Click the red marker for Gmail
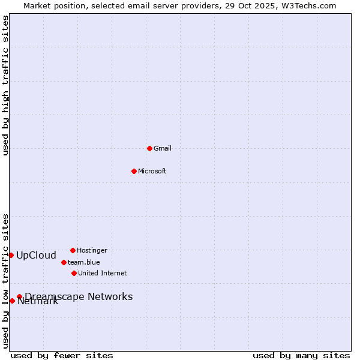pyautogui.click(x=149, y=148)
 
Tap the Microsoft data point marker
pyautogui.click(x=134, y=171)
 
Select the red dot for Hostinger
pyautogui.click(x=73, y=250)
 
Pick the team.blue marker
pyautogui.click(x=64, y=262)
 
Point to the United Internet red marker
pyautogui.click(x=74, y=273)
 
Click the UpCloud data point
pyautogui.click(x=11, y=255)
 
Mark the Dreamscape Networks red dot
pyautogui.click(x=19, y=296)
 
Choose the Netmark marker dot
pyautogui.click(x=12, y=301)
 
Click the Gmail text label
pyautogui.click(x=163, y=148)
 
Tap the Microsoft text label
pyautogui.click(x=152, y=171)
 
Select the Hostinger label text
pyautogui.click(x=92, y=250)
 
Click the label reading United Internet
pyautogui.click(x=103, y=273)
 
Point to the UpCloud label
pyautogui.click(x=36, y=255)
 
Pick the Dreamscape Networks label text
pyautogui.click(x=79, y=296)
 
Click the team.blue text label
pyautogui.click(x=84, y=262)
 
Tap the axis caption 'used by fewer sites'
pyautogui.click(x=62, y=355)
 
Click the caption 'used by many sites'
pyautogui.click(x=301, y=355)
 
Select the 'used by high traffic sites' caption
pyautogui.click(x=5, y=85)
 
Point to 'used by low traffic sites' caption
pyautogui.click(x=5, y=281)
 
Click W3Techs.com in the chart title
pyautogui.click(x=307, y=5)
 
